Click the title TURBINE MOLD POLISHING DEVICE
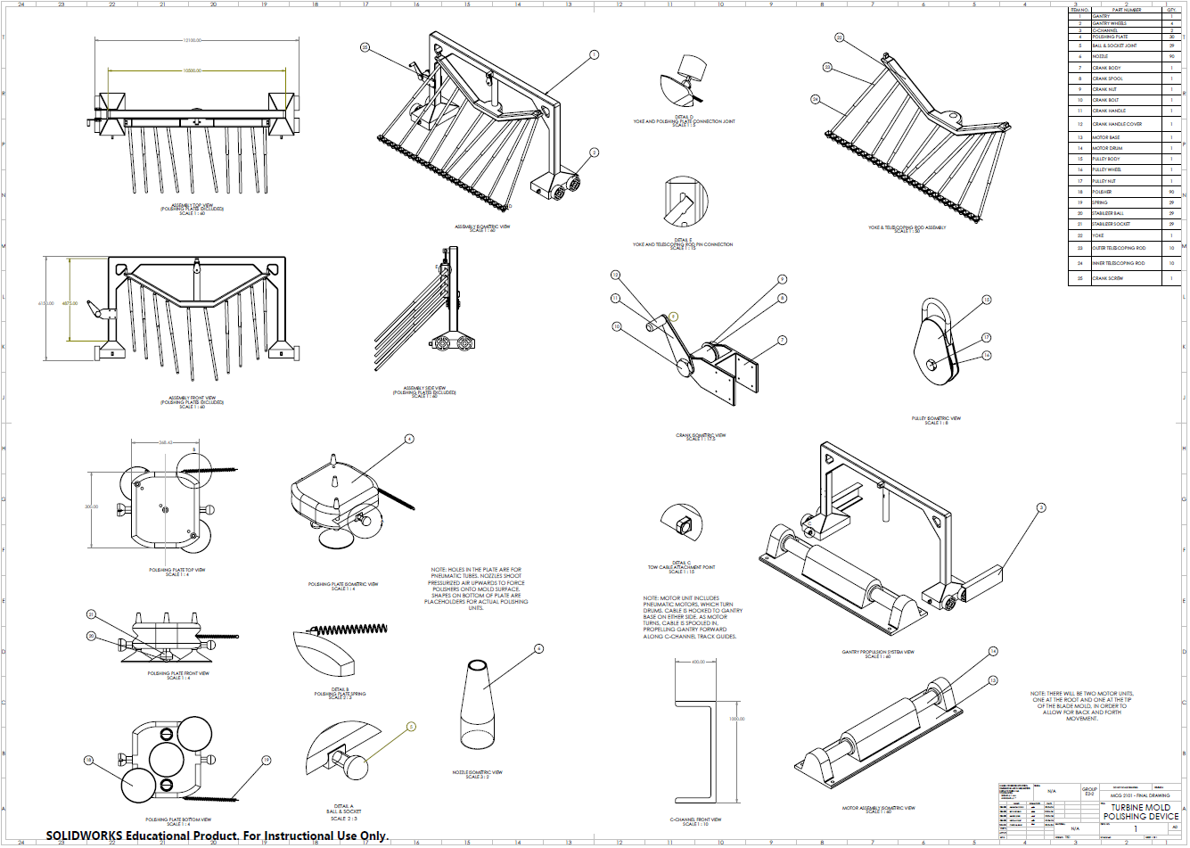(x=1140, y=811)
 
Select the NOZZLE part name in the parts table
(x=1101, y=56)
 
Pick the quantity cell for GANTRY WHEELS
(x=1171, y=23)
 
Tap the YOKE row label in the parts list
(x=1098, y=235)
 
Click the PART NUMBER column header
(x=1126, y=10)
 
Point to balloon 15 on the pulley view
(x=987, y=300)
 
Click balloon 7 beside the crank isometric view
(x=782, y=340)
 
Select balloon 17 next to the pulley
(x=987, y=337)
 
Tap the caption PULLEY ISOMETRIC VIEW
(x=936, y=419)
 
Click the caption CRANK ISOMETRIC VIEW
(x=701, y=436)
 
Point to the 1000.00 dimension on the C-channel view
(x=736, y=719)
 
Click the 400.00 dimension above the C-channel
(x=698, y=662)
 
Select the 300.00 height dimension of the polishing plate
(x=92, y=506)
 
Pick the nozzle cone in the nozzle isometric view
(x=477, y=704)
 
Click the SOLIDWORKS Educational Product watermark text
(x=217, y=836)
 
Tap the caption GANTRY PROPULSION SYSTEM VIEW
(x=878, y=652)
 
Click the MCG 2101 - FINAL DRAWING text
(x=1141, y=795)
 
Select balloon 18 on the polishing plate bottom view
(x=88, y=760)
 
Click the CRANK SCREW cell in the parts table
(x=1108, y=278)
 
